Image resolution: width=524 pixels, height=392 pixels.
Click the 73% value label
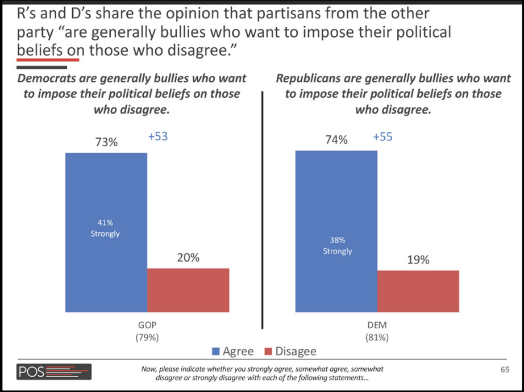coord(106,142)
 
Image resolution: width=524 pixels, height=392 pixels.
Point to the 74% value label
coord(336,140)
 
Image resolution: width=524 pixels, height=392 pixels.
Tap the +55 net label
coord(382,137)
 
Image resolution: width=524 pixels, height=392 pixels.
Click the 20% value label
coord(188,257)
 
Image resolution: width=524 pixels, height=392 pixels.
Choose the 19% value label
coord(418,260)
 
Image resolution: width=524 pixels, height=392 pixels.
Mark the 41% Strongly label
coord(105,228)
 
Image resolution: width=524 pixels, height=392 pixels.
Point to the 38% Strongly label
coord(338,245)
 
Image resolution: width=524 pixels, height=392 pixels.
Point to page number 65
coord(504,370)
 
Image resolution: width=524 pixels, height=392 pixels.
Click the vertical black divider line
coord(262,210)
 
